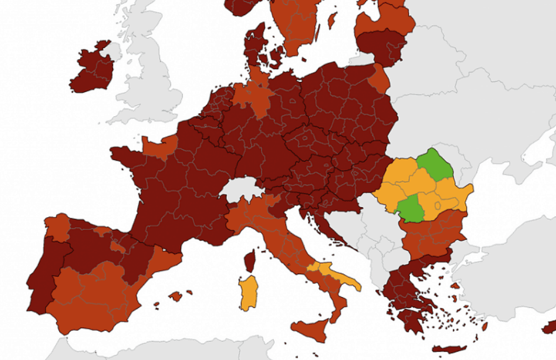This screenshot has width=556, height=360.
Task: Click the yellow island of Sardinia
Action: [250, 291]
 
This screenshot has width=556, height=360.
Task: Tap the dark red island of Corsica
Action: [250, 260]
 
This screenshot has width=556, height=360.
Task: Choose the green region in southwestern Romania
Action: [410, 208]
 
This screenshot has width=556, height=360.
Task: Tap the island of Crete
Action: [448, 349]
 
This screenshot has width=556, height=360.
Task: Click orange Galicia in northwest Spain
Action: [57, 227]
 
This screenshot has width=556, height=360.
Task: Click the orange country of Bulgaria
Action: [432, 232]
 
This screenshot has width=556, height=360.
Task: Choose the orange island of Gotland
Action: [332, 20]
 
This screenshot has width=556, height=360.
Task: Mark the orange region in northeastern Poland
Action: [380, 79]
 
